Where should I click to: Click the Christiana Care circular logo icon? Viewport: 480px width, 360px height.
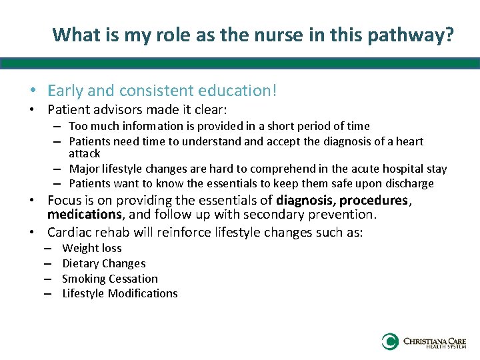click(x=390, y=342)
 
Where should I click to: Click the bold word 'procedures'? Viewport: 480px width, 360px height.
click(x=373, y=200)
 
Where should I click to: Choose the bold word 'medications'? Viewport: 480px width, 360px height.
click(x=84, y=215)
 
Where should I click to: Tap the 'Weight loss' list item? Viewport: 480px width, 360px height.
click(x=92, y=248)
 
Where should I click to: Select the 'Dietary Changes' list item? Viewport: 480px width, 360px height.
click(x=103, y=263)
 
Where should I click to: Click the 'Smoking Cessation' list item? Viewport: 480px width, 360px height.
click(x=110, y=279)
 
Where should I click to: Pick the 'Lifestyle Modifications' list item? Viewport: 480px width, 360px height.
click(x=120, y=293)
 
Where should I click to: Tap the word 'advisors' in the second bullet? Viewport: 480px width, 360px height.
click(x=114, y=109)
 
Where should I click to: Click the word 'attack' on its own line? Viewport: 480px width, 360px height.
click(x=84, y=153)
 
